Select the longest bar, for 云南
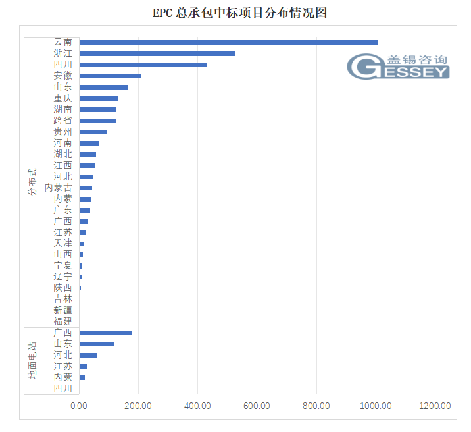228,42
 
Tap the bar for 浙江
157,53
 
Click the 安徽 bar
109,76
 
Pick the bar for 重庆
98,98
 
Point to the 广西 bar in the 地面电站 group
105,333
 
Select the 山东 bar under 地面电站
96,344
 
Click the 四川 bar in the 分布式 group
142,65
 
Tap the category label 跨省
63,121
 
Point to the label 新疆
63,310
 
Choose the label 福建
63,321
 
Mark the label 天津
63,243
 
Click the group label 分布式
32,182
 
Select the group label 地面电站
32,360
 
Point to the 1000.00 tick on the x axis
376,406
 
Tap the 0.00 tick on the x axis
79,406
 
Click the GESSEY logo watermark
398,66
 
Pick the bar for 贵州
93,132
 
